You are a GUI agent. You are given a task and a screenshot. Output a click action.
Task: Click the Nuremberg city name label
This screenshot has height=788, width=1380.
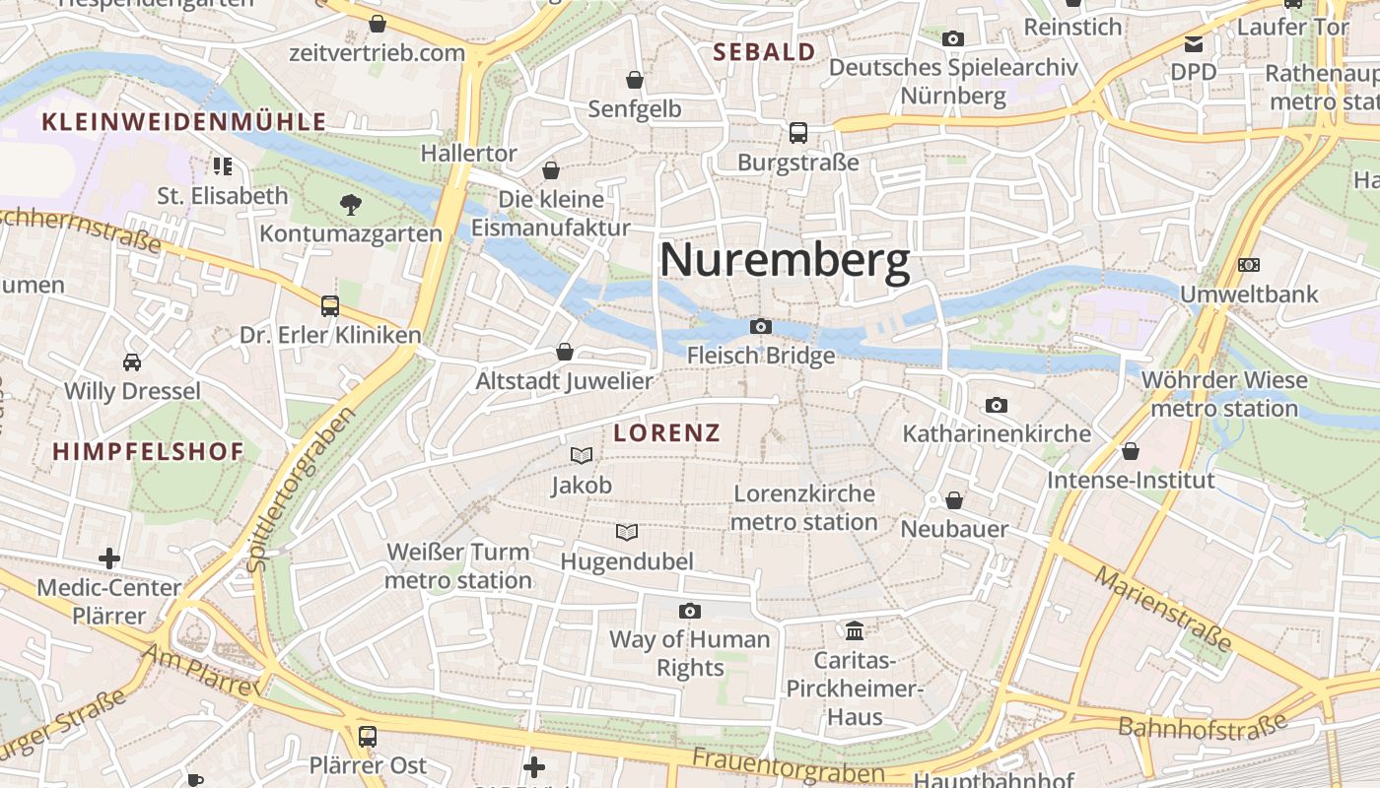pyautogui.click(x=784, y=262)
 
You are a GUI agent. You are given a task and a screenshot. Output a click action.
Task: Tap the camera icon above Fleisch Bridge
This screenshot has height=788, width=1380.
pyautogui.click(x=761, y=326)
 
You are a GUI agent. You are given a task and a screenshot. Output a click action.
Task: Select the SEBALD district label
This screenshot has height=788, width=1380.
pyautogui.click(x=764, y=52)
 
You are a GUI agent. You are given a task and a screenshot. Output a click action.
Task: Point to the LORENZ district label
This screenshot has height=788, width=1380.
pyautogui.click(x=667, y=432)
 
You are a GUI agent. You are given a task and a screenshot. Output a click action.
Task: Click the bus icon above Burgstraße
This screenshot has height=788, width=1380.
pyautogui.click(x=798, y=132)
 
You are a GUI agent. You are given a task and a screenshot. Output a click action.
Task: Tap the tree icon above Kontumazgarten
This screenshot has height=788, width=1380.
pyautogui.click(x=350, y=205)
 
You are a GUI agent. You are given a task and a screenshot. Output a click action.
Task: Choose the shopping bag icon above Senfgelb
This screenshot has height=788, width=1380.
pyautogui.click(x=635, y=79)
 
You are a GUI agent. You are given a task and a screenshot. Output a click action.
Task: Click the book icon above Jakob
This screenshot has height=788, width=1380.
pyautogui.click(x=582, y=455)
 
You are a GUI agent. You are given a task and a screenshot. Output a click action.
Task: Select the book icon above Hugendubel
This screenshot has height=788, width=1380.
pyautogui.click(x=627, y=532)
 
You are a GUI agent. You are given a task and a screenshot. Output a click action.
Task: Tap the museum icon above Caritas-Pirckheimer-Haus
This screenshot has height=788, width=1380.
pyautogui.click(x=855, y=629)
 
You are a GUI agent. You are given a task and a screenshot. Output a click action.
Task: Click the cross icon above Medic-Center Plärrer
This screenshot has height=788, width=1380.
pyautogui.click(x=109, y=558)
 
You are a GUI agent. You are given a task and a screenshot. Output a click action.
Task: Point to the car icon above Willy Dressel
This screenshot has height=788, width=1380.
pyautogui.click(x=132, y=361)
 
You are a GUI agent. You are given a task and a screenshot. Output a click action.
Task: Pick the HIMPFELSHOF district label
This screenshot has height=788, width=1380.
pyautogui.click(x=148, y=452)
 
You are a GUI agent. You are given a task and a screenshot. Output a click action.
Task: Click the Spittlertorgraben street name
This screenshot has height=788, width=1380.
pyautogui.click(x=302, y=490)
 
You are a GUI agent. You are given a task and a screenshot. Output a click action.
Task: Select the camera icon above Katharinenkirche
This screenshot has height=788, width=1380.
pyautogui.click(x=997, y=405)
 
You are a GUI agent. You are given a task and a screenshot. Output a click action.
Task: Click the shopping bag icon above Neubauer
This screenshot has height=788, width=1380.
pyautogui.click(x=954, y=500)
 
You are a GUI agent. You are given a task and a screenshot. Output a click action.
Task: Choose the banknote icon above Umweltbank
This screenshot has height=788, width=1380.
pyautogui.click(x=1249, y=265)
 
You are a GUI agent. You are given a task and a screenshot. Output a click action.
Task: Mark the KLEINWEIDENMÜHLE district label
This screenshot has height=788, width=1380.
pyautogui.click(x=183, y=122)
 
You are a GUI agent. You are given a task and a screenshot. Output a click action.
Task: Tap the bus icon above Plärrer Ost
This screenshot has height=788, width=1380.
pyautogui.click(x=368, y=736)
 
